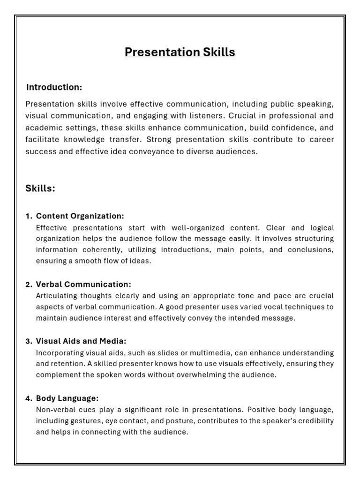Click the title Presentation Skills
tap(180, 52)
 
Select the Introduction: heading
tap(54, 87)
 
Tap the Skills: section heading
tap(40, 188)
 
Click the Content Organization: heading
tap(80, 216)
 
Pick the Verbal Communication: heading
tap(83, 285)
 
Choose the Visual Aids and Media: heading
tap(81, 341)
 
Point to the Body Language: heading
tap(67, 398)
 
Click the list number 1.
tap(28, 216)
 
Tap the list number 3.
tap(28, 341)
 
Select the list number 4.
tap(28, 398)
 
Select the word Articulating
tap(56, 296)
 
